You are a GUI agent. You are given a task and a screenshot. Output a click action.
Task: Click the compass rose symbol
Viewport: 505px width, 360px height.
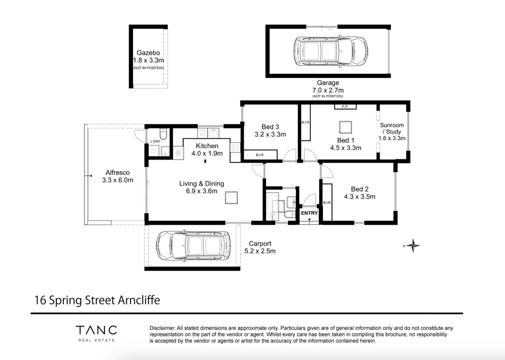click(413, 246)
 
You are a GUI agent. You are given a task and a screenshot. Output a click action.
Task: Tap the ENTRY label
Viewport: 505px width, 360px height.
click(309, 213)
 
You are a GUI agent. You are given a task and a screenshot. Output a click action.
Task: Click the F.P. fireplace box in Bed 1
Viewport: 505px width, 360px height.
click(345, 107)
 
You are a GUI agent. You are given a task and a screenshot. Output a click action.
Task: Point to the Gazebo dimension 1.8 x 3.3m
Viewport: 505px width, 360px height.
click(148, 60)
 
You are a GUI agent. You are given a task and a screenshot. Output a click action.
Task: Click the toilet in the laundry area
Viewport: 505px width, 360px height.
click(163, 134)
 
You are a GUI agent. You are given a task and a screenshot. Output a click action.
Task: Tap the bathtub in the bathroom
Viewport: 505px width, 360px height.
click(272, 207)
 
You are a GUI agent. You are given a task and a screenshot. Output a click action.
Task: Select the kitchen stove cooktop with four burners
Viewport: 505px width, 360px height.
click(235, 147)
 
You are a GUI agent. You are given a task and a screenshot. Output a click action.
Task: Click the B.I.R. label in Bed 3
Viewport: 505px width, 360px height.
click(260, 155)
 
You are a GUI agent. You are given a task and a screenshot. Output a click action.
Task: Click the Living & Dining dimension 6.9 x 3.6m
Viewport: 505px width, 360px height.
click(202, 191)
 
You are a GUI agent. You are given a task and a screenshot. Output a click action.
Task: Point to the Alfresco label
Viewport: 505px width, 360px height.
click(118, 173)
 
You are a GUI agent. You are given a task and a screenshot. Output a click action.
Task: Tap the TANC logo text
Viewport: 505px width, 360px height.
click(97, 330)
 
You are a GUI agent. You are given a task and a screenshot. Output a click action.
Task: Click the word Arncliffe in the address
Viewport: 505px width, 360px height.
click(139, 300)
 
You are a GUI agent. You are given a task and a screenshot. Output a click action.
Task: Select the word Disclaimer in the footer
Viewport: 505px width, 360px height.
click(162, 328)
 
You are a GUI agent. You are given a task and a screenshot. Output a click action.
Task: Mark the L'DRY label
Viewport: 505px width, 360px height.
click(155, 141)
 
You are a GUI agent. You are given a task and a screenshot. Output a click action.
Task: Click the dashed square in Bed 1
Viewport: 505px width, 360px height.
click(345, 127)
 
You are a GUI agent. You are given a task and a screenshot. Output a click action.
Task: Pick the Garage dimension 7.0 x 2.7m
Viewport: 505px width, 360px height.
click(328, 90)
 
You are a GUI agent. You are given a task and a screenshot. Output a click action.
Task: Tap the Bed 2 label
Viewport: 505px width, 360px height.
click(360, 189)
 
